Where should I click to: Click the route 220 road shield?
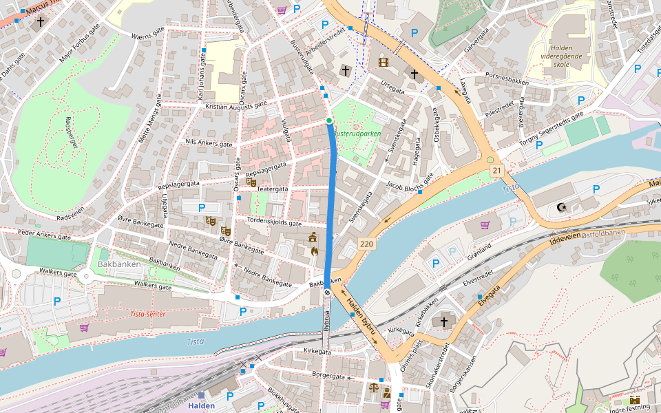tap(366, 244)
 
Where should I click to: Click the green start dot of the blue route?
tap(329, 120)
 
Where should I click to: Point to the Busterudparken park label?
tap(357, 134)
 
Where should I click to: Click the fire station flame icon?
tap(314, 251)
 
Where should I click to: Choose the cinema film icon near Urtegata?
tap(383, 63)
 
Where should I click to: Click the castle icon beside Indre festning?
tap(634, 400)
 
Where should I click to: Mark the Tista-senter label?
tap(147, 314)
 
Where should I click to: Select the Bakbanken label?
tap(119, 264)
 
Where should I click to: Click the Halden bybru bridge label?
tap(361, 317)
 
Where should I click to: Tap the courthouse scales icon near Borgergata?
tap(374, 387)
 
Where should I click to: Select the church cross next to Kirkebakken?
tap(443, 321)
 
